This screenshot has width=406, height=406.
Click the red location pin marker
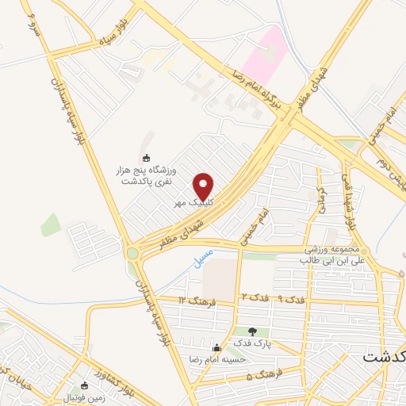pos(205,186)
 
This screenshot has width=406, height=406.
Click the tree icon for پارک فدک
pos(252,331)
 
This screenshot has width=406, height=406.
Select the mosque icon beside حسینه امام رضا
pos(216,347)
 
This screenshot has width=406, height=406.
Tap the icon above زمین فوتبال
pos(85,385)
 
